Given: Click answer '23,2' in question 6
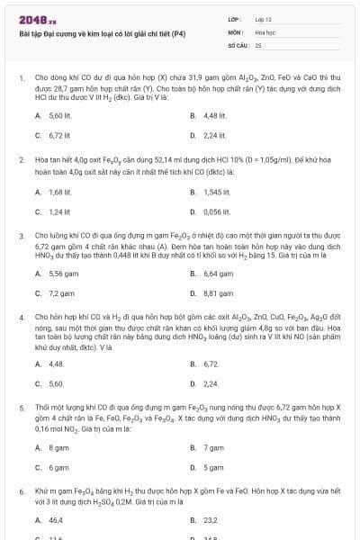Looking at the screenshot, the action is tap(211, 520).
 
